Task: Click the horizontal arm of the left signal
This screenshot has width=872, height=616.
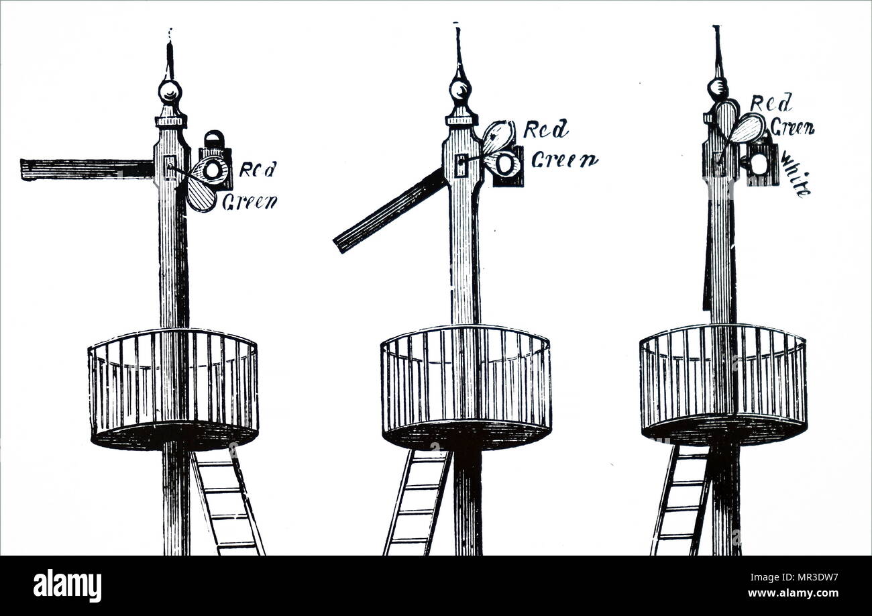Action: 87,169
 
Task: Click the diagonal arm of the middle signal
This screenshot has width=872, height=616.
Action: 389,211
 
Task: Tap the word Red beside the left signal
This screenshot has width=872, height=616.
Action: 258,170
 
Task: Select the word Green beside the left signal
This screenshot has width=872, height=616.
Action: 249,201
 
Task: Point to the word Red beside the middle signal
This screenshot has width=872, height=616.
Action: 545,129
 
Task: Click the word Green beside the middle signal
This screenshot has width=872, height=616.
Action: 564,160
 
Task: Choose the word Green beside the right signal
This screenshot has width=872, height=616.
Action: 792,127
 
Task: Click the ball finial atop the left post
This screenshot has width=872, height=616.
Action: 170,90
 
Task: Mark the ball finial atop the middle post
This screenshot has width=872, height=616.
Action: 460,89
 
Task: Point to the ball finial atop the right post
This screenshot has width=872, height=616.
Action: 718,87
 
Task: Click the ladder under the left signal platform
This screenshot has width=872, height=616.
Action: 227,503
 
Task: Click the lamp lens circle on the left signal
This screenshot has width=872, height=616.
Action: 212,170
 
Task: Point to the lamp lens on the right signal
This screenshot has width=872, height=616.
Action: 759,163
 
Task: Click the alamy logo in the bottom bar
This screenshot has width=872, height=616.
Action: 67,585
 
